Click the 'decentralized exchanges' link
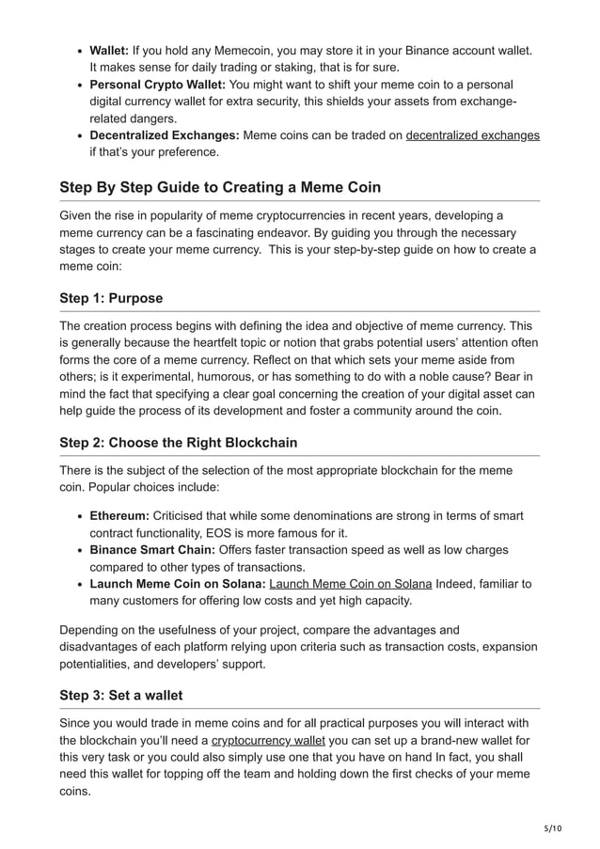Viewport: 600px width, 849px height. [x=472, y=135]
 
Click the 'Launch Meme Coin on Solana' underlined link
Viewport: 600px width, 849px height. [x=350, y=584]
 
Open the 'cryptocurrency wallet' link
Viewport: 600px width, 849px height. [x=268, y=741]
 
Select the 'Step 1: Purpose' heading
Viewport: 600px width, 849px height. [x=111, y=298]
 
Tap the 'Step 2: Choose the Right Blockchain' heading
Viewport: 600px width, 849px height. [x=179, y=442]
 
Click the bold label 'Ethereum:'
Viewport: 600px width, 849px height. [x=118, y=516]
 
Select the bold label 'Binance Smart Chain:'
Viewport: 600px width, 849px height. [x=152, y=550]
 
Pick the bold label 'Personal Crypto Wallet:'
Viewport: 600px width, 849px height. [x=157, y=85]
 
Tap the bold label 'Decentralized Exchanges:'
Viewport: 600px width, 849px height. [x=164, y=135]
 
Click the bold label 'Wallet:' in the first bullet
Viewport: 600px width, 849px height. [x=110, y=50]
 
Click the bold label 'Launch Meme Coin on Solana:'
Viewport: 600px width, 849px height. [x=177, y=584]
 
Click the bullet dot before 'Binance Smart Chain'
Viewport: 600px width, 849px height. [x=78, y=550]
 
